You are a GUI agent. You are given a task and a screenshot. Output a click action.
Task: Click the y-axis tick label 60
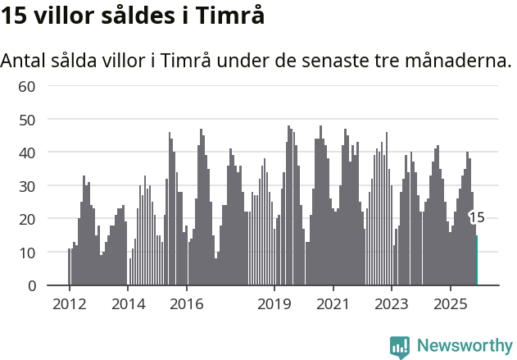(x=26, y=86)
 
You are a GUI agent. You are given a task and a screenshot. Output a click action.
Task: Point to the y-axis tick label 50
(x=26, y=120)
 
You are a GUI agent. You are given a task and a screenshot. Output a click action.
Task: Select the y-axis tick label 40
(x=26, y=153)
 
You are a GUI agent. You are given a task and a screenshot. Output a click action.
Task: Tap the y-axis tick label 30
(x=26, y=186)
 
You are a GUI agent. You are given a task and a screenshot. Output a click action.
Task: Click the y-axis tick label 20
(x=26, y=219)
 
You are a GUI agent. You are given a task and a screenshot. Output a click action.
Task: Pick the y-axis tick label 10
(x=26, y=253)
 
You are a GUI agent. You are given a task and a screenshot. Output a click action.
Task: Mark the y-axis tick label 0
(x=31, y=285)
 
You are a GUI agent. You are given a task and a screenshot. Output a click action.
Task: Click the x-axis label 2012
(x=69, y=303)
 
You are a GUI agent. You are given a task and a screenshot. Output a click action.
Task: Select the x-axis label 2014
(x=128, y=303)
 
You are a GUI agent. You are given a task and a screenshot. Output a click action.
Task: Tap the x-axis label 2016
(x=186, y=303)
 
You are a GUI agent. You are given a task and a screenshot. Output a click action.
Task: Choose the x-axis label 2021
(x=333, y=303)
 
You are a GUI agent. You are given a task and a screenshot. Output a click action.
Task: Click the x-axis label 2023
(x=391, y=303)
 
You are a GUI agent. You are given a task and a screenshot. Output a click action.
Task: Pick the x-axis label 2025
(x=450, y=303)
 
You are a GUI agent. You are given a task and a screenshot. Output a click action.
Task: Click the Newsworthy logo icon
(x=400, y=347)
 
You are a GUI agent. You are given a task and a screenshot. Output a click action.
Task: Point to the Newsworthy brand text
(x=464, y=346)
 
